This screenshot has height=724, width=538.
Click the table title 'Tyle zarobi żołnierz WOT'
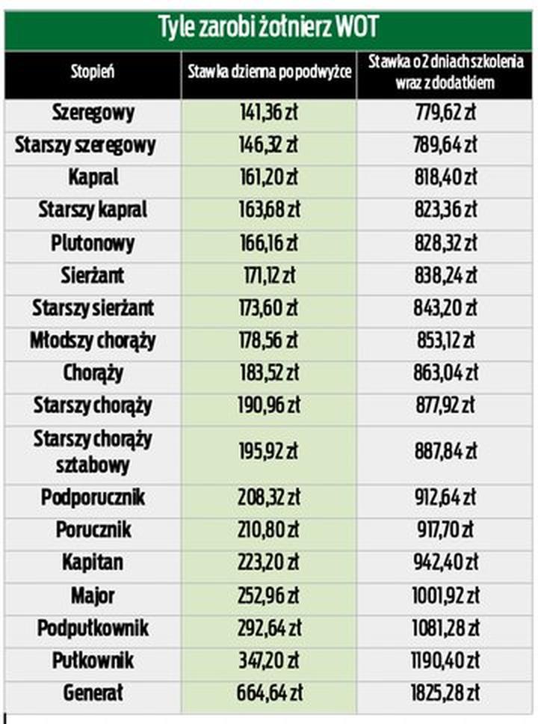click(268, 28)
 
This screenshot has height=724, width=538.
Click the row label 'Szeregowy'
click(93, 113)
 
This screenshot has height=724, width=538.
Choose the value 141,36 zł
click(268, 113)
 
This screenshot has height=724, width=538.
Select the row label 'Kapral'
click(93, 178)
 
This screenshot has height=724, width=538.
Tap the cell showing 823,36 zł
click(445, 210)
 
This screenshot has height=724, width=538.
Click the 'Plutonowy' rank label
click(93, 243)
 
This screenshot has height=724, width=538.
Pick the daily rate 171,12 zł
click(268, 276)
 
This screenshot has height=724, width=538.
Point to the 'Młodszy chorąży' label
click(93, 341)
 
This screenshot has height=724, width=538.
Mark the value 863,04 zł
click(445, 373)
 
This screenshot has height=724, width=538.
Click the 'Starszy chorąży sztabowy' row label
click(93, 452)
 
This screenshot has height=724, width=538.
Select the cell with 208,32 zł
click(268, 497)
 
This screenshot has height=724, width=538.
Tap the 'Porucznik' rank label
click(93, 530)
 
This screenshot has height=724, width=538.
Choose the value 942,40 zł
click(445, 562)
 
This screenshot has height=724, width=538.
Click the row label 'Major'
click(93, 595)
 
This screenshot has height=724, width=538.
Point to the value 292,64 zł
click(268, 628)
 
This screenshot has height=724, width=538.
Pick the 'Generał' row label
click(93, 693)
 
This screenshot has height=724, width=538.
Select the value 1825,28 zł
click(445, 693)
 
